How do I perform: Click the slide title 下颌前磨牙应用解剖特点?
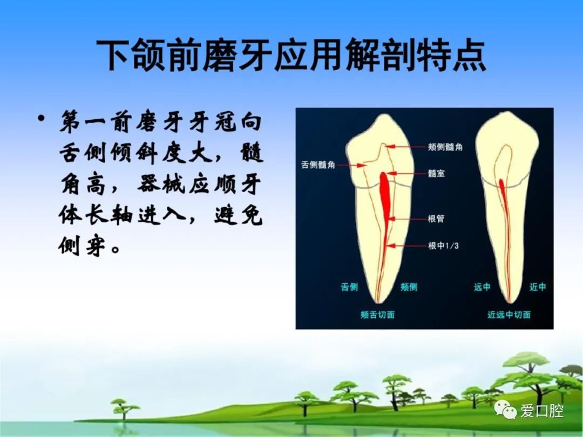click(291, 56)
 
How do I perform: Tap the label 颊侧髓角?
click(445, 147)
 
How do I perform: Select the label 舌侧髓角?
click(318, 165)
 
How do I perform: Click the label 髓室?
click(436, 173)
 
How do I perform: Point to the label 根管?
click(436, 218)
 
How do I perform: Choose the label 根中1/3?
click(443, 245)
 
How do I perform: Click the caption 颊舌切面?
click(377, 315)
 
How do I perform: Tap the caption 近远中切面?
click(509, 315)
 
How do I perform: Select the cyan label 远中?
click(482, 287)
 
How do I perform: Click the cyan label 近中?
click(538, 287)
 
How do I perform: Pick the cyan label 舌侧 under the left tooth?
click(349, 287)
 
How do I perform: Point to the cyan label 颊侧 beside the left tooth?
click(409, 287)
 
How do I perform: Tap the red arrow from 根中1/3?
click(406, 245)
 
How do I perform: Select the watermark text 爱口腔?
click(542, 411)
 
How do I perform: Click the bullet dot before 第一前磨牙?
click(42, 119)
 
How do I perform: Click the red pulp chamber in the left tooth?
click(385, 197)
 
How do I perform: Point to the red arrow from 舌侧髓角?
click(350, 165)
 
